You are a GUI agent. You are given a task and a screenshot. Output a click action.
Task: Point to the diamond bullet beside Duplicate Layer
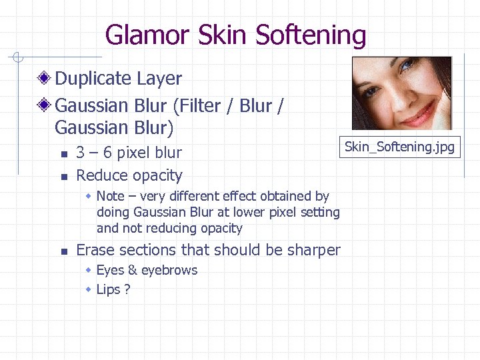click(x=45, y=79)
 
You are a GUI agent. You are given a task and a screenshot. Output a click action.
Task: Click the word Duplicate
click(x=93, y=79)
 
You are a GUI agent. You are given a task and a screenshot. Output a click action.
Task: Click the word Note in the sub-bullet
click(x=110, y=196)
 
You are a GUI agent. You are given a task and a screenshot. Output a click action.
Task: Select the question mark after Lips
click(x=127, y=289)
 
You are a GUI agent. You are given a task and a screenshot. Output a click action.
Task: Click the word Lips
click(x=108, y=289)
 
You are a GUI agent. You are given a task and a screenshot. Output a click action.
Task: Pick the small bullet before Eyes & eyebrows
click(x=89, y=271)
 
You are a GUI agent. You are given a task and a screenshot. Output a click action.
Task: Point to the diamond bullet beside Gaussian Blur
click(x=45, y=106)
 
